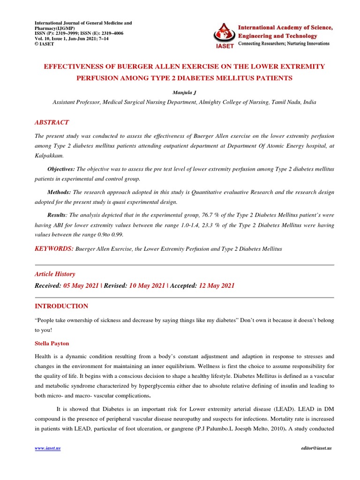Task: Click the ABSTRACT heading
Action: tap(52, 122)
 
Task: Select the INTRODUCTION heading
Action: tap(62, 306)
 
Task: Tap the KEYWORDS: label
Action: tap(54, 248)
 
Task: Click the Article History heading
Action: tap(55, 274)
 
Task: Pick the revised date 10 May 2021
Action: tap(147, 285)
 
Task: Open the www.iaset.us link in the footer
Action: tap(48, 448)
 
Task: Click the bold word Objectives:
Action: tap(61, 169)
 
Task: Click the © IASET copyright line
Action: tap(45, 44)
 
